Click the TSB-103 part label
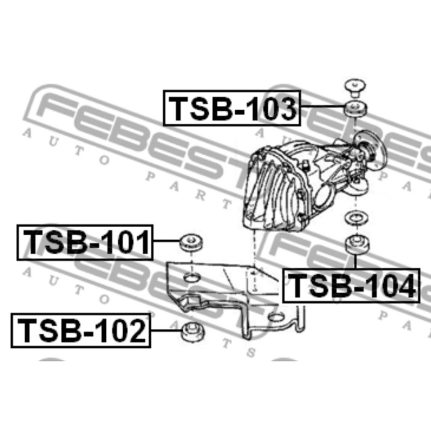coord(232,108)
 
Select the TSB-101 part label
coord(85,243)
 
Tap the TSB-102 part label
coord(81,331)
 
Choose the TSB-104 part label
coord(352,286)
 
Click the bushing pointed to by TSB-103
coord(356,109)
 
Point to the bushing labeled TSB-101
coord(191,242)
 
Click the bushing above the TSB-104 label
coord(356,244)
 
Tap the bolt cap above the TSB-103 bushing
coord(355,87)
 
